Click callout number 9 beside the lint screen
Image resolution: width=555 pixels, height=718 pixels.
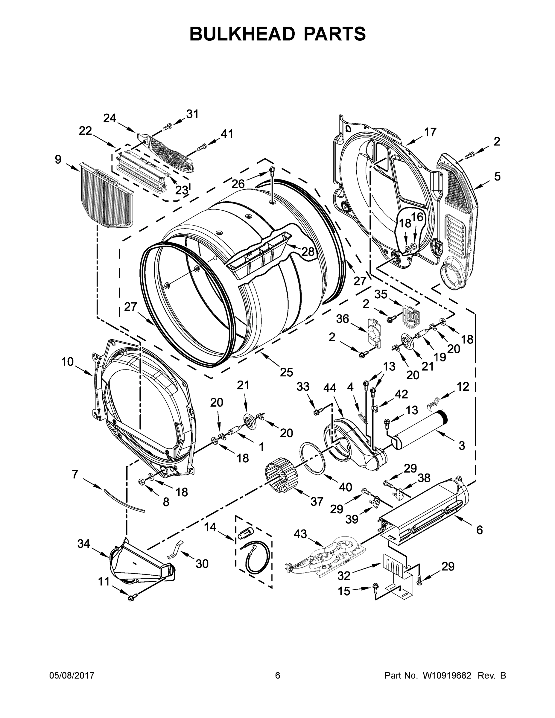[58, 160]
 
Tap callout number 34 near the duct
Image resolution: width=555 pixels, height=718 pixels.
[83, 544]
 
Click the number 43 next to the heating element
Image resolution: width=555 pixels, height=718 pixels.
[300, 534]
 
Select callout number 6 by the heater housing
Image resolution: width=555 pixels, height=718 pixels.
[479, 530]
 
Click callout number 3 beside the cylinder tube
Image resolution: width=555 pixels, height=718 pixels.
[462, 446]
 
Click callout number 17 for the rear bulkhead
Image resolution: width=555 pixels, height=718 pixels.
[430, 132]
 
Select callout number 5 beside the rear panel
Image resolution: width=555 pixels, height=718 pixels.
[497, 177]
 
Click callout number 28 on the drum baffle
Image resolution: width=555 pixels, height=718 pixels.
[308, 252]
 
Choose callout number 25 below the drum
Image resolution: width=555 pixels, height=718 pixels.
[286, 372]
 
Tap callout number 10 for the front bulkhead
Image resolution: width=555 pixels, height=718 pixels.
[67, 362]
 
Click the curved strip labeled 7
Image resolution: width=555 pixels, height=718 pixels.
[124, 501]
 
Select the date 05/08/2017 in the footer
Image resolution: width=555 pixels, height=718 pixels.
[72, 676]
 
